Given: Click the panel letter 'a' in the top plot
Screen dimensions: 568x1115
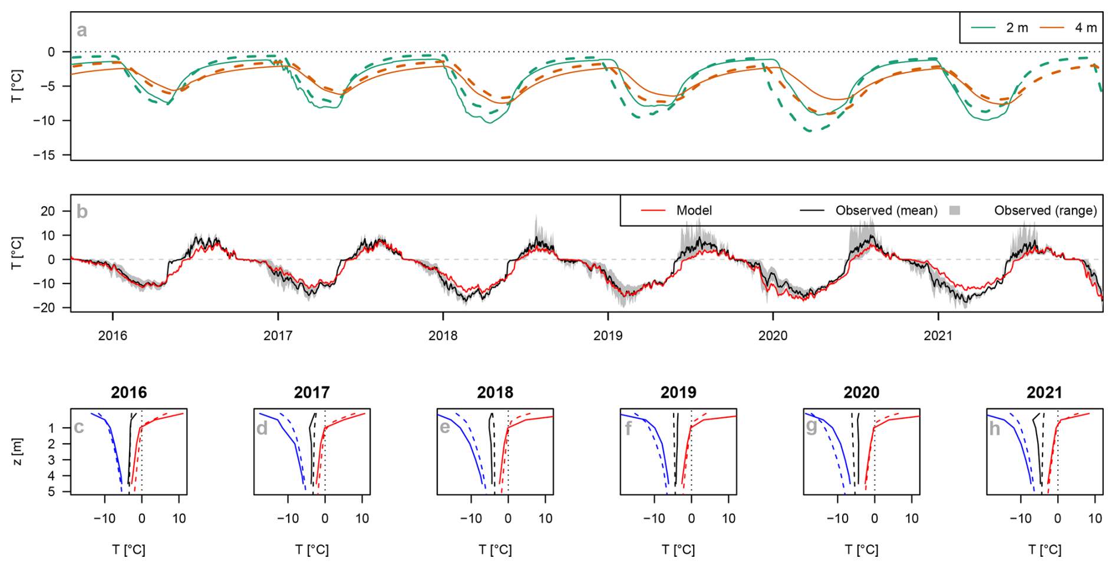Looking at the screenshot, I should click(81, 30).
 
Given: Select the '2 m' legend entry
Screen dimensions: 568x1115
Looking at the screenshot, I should click(1017, 28).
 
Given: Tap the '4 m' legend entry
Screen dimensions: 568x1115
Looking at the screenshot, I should click(1086, 28).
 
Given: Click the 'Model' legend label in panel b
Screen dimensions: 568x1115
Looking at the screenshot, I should click(694, 210).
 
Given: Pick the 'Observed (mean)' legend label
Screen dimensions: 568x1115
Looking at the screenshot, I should click(886, 210).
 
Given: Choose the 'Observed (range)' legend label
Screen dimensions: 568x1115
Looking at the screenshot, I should click(1045, 210).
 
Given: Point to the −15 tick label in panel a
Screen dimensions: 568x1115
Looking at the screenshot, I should click(44, 155).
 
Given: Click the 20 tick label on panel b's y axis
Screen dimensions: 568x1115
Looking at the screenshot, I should click(48, 211).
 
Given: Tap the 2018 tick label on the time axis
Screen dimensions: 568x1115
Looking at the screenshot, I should click(443, 336).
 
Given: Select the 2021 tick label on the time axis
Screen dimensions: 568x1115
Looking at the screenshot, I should click(938, 336).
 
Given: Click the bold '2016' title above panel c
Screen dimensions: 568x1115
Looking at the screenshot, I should click(128, 392).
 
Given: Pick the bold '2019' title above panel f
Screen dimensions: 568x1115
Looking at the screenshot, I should click(678, 392).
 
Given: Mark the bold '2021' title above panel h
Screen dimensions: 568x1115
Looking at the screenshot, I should click(1044, 392).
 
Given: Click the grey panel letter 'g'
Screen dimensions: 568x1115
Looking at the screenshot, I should click(811, 427).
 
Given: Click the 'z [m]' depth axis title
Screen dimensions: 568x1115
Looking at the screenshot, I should click(18, 451).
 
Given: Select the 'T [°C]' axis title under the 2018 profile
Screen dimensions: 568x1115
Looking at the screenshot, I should click(495, 550).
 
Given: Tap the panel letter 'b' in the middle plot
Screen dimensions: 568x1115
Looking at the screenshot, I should click(82, 212).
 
